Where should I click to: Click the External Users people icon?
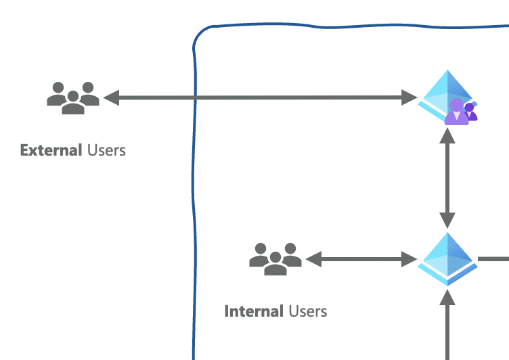coord(73,97)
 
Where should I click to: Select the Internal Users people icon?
coord(275,258)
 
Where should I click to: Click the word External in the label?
coord(51,150)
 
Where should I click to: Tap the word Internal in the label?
coord(254,311)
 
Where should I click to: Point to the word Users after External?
coord(106,150)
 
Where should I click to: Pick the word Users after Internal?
coord(308,311)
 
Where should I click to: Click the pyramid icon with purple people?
coord(447,97)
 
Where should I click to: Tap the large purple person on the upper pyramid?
coord(456,112)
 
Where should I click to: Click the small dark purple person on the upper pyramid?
coord(470,112)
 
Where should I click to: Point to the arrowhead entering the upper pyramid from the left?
coord(410,97)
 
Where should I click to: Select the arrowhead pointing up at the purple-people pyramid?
coord(447,135)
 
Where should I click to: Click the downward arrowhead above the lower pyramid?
coord(447,220)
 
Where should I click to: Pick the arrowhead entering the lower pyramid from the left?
coord(410,258)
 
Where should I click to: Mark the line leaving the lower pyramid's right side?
coord(494,258)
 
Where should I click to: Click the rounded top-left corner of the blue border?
coord(200,37)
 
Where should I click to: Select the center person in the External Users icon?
coord(73,103)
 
